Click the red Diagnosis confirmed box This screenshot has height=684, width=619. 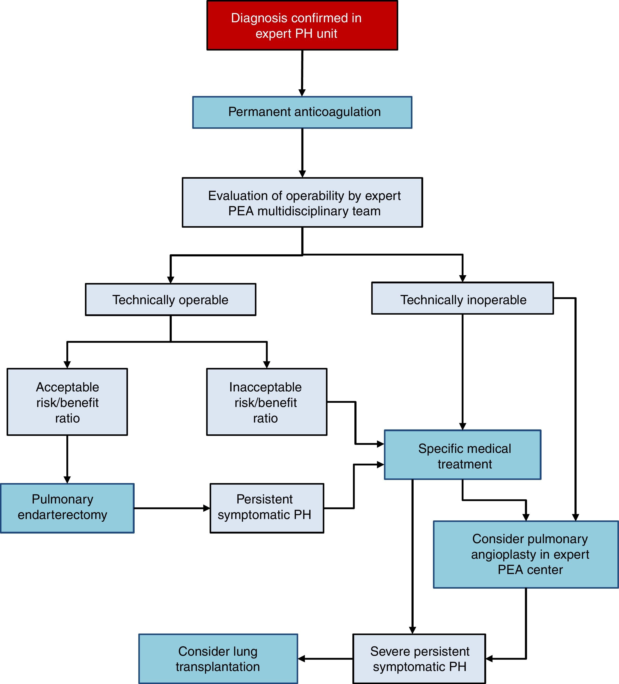pos(302,26)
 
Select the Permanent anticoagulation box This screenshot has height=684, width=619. pos(302,112)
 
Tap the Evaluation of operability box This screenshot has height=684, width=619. pos(302,203)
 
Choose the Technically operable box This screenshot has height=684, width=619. pos(170,300)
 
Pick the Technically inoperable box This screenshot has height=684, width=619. pos(462,298)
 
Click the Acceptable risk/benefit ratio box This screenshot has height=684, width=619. pos(67,402)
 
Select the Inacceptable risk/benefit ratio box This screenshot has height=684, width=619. pos(267,402)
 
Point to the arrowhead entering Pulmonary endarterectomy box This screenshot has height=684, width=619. pos(67,480)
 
